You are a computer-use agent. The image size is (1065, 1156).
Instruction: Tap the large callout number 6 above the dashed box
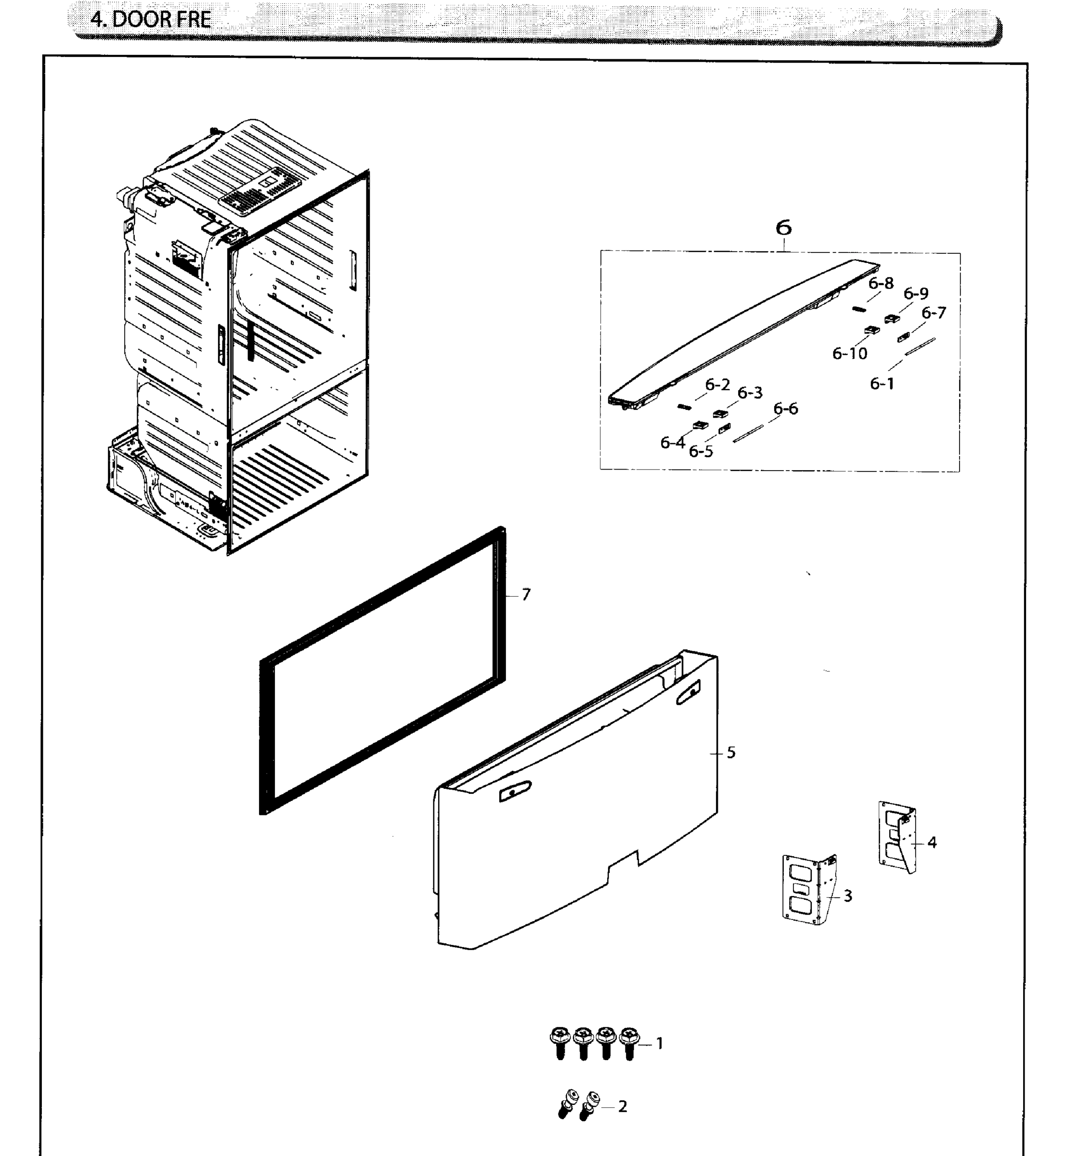tap(783, 228)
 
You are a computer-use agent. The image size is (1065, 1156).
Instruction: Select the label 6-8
tap(881, 283)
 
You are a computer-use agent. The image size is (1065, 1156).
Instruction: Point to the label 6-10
tap(849, 354)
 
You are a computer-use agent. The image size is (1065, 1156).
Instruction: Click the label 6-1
tap(882, 383)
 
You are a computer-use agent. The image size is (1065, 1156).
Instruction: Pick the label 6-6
tap(785, 409)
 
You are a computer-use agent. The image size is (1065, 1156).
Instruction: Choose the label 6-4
tap(673, 443)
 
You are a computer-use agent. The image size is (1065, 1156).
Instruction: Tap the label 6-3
tap(750, 393)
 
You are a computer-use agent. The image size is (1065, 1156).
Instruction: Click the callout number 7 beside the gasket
tap(526, 595)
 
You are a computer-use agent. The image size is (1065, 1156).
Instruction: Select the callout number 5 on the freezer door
tap(731, 752)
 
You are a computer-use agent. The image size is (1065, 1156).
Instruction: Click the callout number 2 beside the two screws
tap(623, 1106)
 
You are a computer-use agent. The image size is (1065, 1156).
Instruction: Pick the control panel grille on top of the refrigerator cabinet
tap(263, 191)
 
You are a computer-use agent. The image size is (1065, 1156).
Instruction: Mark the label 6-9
tap(916, 294)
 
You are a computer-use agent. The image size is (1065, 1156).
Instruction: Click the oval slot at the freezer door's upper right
tap(688, 692)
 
